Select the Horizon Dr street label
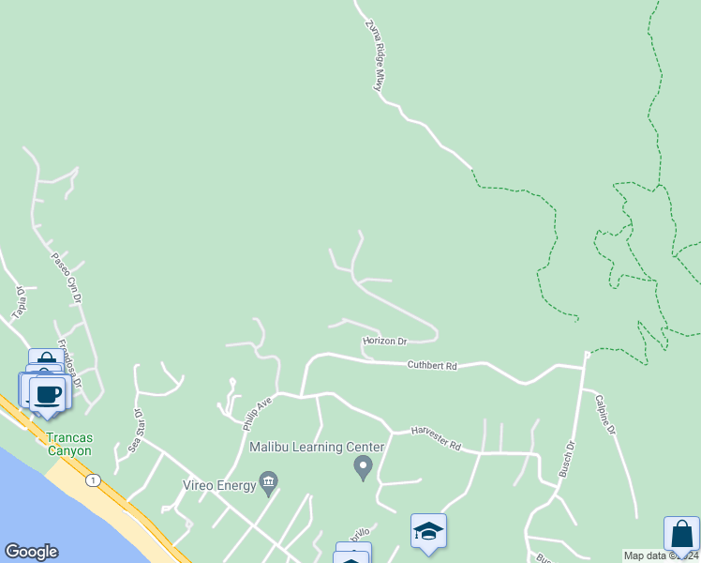385,342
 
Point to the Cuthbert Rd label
431,365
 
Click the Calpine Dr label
604,414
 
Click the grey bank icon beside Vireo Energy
269,484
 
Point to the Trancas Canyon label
69,444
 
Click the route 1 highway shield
93,480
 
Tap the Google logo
31,552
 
